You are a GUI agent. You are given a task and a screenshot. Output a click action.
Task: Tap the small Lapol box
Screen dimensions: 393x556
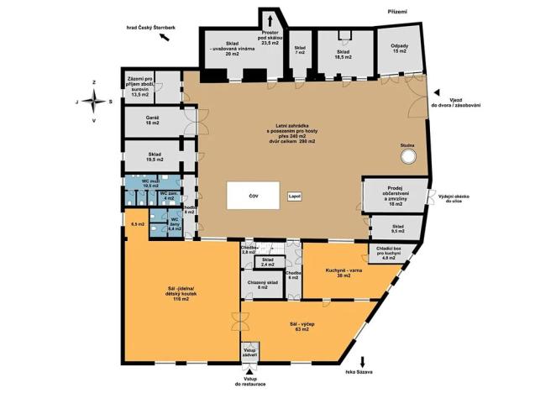coord(294,196)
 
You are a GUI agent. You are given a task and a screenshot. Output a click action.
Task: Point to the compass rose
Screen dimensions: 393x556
coord(94,101)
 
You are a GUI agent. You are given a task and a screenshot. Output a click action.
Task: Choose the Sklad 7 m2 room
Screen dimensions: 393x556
coord(300,50)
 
